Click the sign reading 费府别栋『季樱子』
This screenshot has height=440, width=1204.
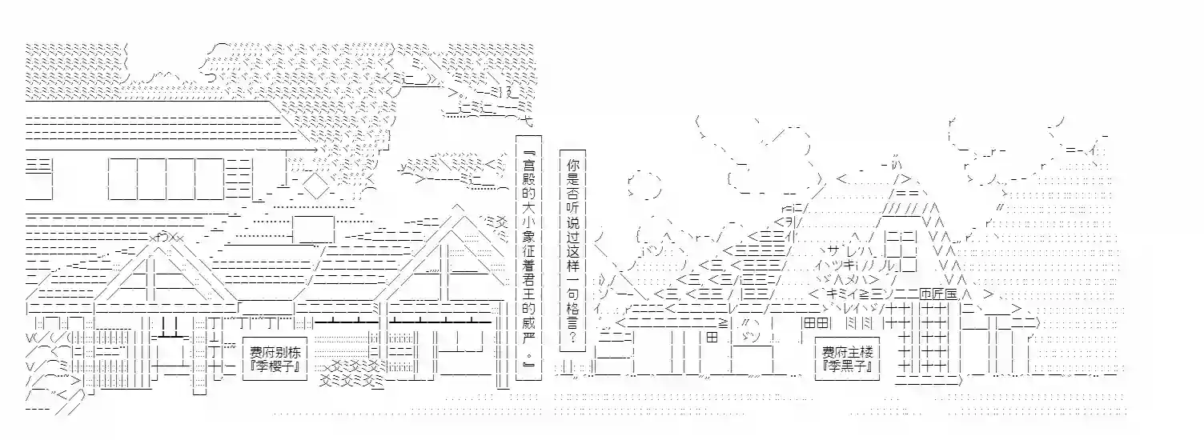(275, 359)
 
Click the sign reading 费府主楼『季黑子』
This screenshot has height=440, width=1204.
(847, 359)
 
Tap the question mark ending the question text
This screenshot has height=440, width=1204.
(572, 338)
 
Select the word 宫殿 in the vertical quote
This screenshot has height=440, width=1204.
(529, 171)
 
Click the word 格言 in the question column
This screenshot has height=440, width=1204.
(572, 316)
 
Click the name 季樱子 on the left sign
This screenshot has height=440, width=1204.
(275, 366)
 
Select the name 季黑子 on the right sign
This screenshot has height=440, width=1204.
(848, 366)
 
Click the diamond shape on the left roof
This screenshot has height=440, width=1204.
(315, 184)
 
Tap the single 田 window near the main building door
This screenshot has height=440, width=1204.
(712, 338)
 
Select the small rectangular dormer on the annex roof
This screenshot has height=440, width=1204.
(313, 230)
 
